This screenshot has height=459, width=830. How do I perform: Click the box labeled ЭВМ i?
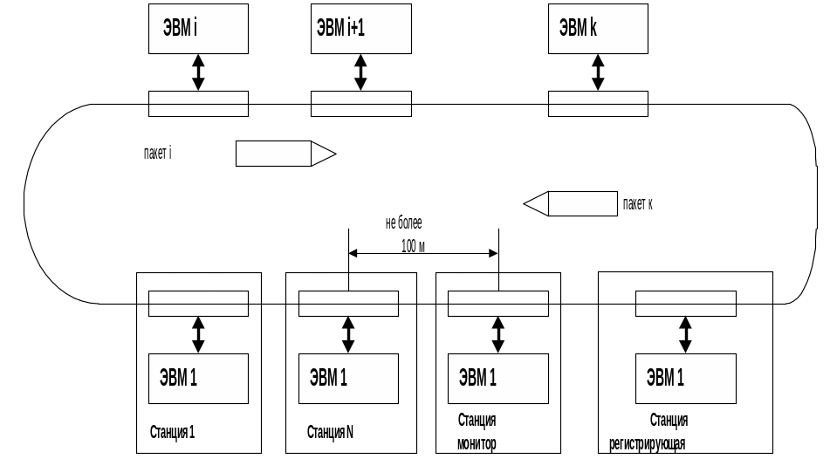point(198,29)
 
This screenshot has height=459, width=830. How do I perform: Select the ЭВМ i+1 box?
point(360,29)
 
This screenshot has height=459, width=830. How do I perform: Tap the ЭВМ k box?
point(598,29)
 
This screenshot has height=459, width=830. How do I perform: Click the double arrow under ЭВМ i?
point(198,72)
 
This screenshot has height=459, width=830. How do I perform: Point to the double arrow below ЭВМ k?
point(598,72)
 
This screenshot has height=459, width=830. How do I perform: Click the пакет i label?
point(157,154)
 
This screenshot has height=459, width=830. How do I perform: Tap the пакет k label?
point(638,203)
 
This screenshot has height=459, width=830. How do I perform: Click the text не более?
point(403,223)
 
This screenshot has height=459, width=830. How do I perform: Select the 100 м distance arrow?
point(423,253)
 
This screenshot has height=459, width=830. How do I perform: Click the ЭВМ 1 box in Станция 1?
point(198,379)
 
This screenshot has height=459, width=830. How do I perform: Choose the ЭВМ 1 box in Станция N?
point(348,379)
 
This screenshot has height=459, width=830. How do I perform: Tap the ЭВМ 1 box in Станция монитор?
point(497,379)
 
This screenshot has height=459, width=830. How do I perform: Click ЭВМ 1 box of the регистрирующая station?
point(685,379)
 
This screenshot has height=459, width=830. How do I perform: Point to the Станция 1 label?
point(172,431)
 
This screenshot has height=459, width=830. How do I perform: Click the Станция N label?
point(330,431)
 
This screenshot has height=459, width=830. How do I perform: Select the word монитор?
point(477,444)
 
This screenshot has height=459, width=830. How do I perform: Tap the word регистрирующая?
point(647,444)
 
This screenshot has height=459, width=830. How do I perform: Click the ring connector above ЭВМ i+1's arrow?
point(360,104)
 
